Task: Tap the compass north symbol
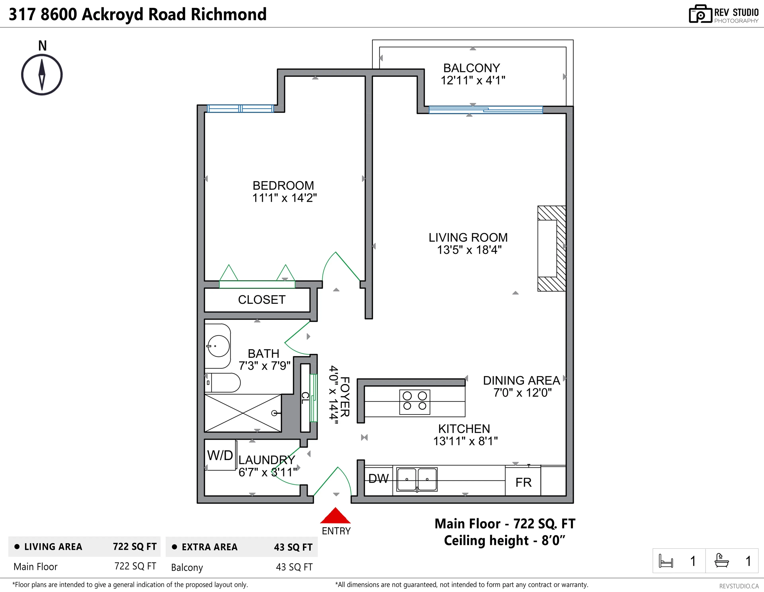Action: point(42,74)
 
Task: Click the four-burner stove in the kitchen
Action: point(415,402)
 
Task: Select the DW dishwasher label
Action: point(378,478)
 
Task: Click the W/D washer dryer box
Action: point(220,455)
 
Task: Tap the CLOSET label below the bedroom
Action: point(262,300)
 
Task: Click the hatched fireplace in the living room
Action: point(551,249)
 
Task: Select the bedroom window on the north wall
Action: point(240,109)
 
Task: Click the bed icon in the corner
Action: point(666,561)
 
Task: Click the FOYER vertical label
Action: point(345,397)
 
